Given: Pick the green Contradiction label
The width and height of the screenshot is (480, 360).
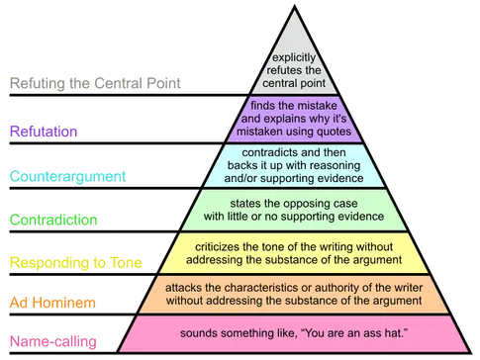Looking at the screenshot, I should [52, 219].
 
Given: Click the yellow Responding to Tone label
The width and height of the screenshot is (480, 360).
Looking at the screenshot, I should [74, 262].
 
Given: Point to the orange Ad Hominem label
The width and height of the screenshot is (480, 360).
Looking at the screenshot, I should [52, 301].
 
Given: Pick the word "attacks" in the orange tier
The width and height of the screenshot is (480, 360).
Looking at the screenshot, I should [192, 288].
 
